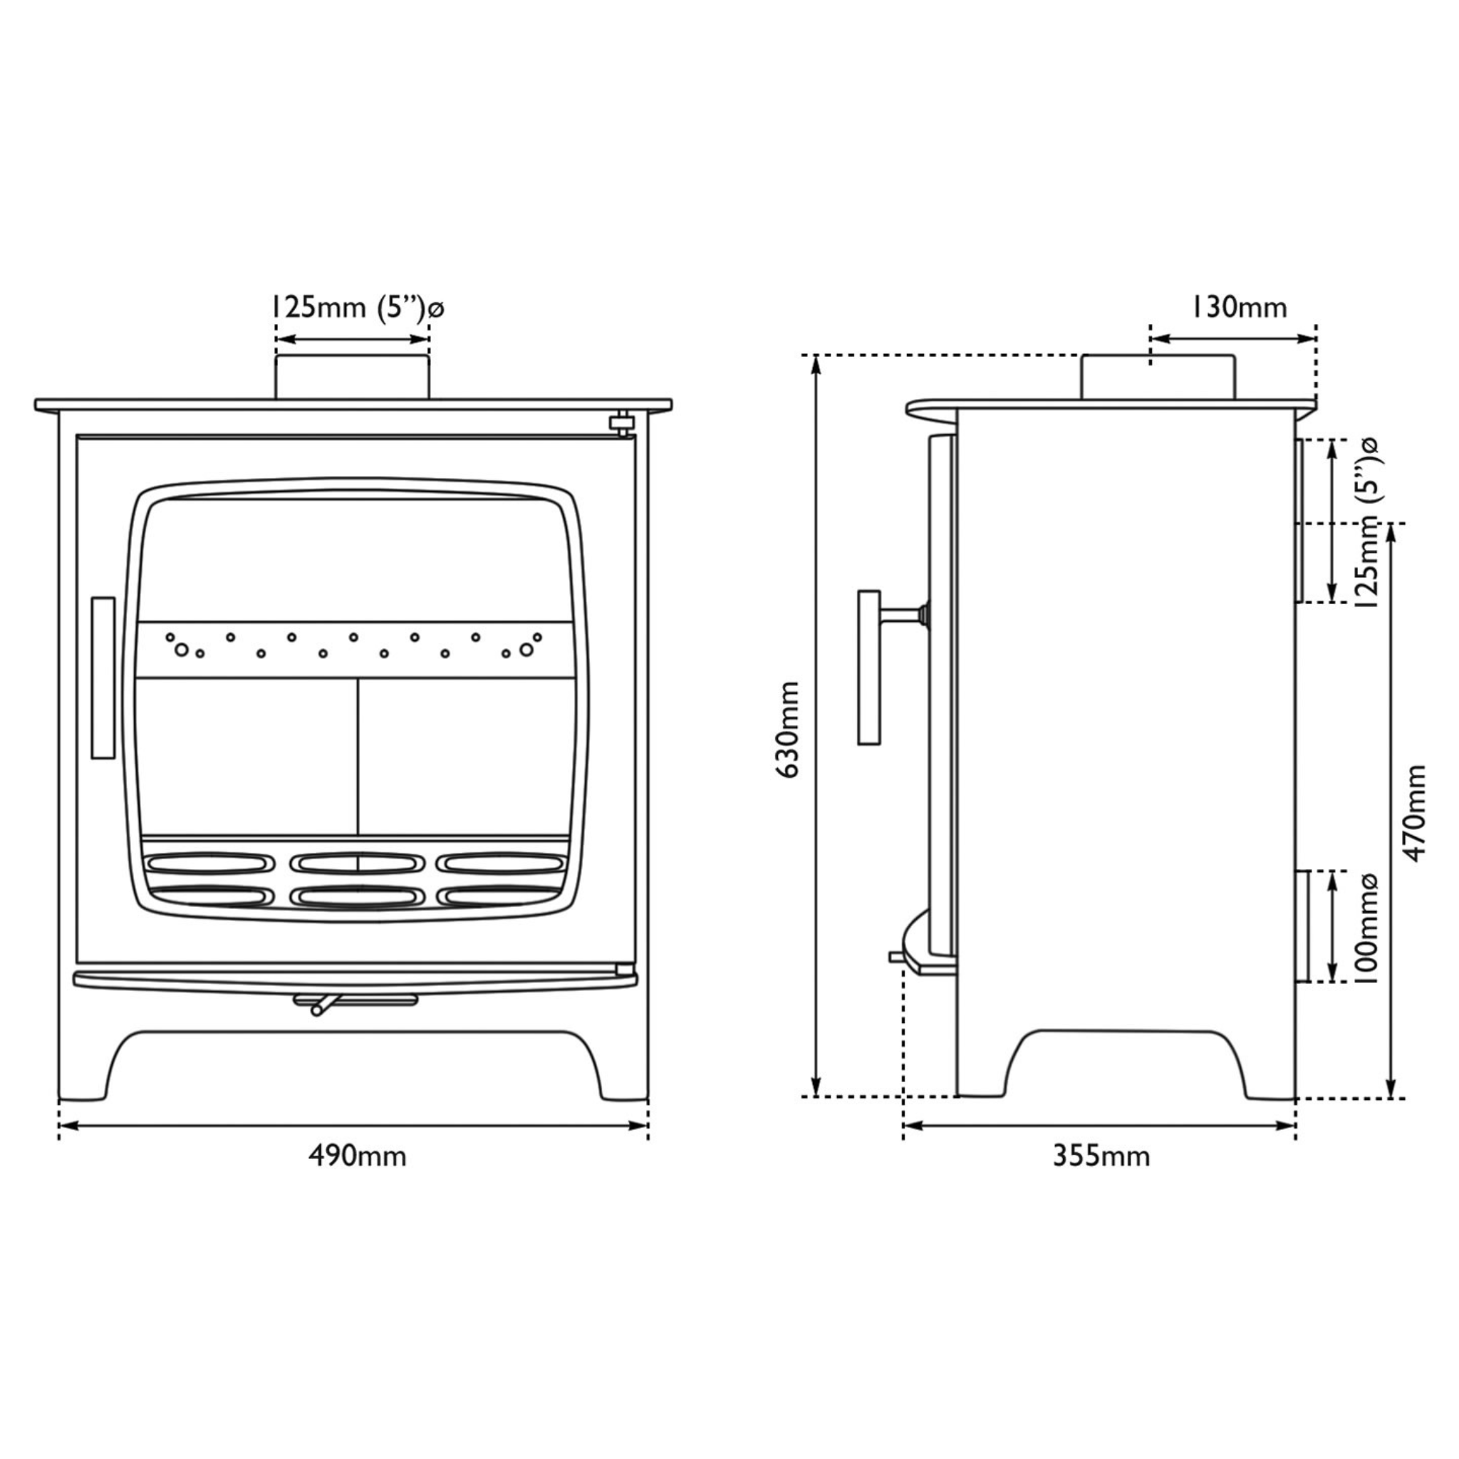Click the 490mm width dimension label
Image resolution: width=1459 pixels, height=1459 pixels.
(356, 1156)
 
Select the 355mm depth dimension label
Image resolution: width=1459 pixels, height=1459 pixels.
(1101, 1156)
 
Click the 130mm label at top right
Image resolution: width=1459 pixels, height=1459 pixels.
(1238, 308)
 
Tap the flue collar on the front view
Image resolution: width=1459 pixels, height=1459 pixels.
(352, 377)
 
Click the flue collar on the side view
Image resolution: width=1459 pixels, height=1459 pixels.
(1158, 377)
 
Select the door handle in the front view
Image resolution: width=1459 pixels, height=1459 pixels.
(103, 677)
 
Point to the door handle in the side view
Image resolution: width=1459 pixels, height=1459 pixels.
(869, 668)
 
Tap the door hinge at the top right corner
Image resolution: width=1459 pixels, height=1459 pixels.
(621, 423)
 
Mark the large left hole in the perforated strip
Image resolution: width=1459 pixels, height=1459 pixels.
(181, 650)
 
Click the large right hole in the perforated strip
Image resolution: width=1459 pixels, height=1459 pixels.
(526, 650)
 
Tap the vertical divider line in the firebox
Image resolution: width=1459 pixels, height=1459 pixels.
(357, 755)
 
